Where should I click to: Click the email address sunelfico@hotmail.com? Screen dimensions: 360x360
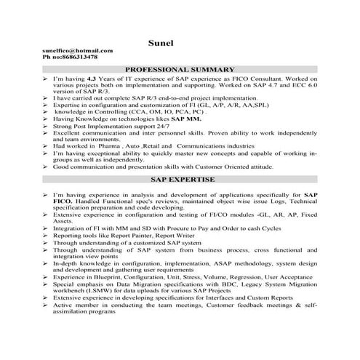click(78, 51)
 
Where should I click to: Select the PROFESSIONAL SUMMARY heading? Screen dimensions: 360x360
click(180, 68)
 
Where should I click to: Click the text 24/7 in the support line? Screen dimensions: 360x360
click(153, 127)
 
